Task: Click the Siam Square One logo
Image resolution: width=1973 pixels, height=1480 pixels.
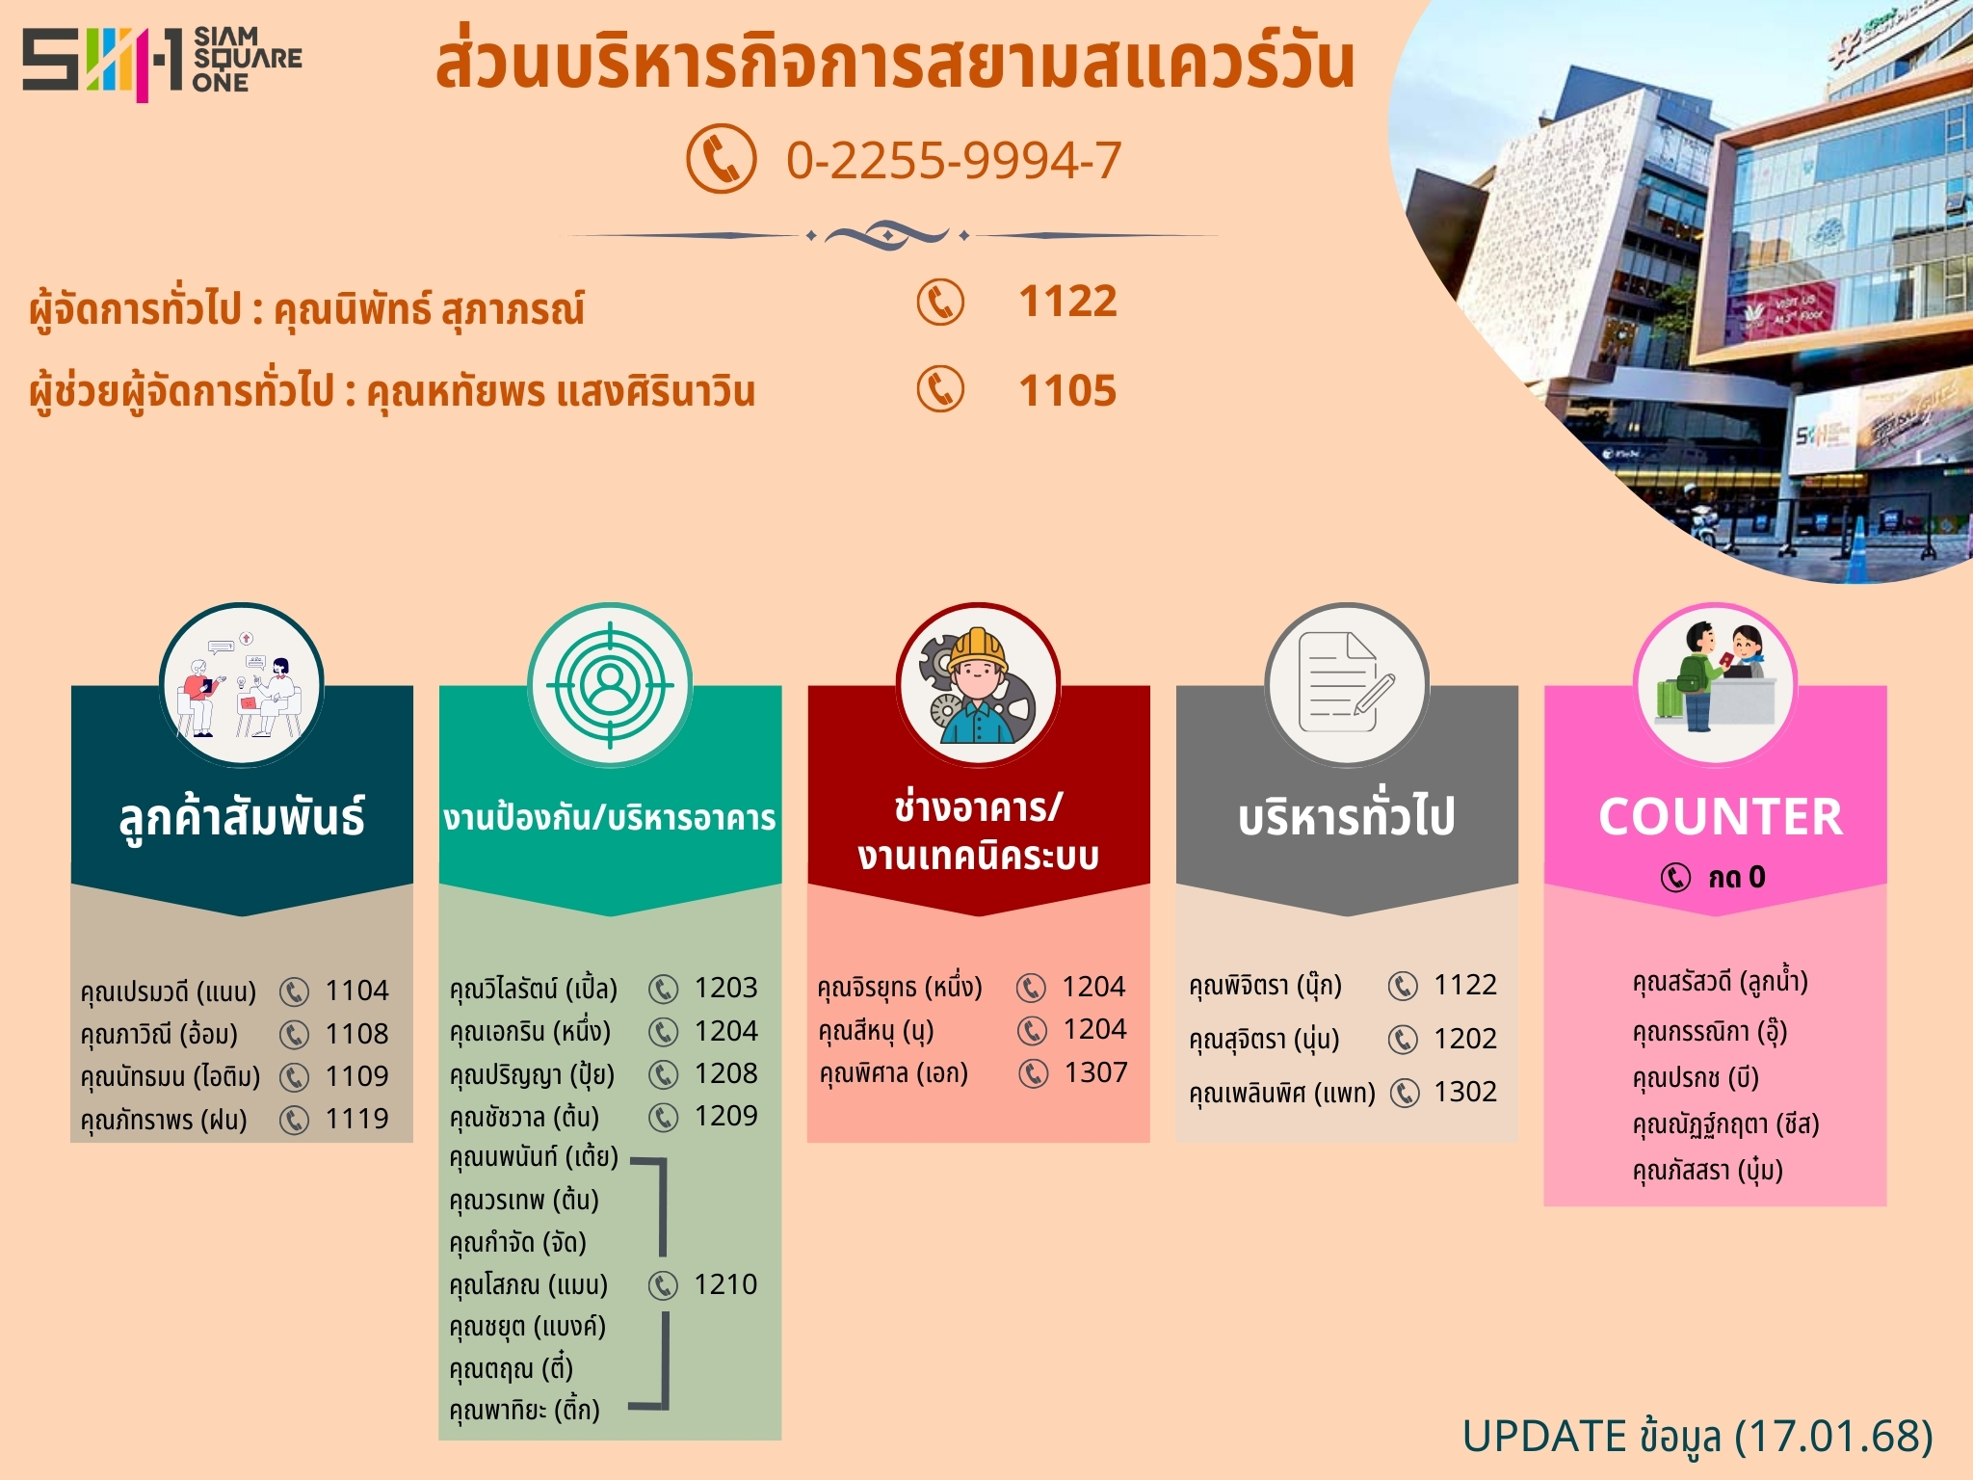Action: (x=162, y=63)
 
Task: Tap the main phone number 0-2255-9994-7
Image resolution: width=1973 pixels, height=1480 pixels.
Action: (x=954, y=160)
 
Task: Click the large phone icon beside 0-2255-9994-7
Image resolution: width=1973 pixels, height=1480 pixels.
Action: (x=721, y=159)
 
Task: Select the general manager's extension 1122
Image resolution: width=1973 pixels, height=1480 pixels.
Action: (x=1068, y=302)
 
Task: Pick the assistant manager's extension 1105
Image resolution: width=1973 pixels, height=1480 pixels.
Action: (x=1068, y=390)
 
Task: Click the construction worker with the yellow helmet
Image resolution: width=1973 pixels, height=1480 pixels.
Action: (x=977, y=685)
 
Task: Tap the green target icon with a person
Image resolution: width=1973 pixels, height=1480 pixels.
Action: (x=609, y=685)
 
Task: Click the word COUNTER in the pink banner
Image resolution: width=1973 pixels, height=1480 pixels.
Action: (x=1721, y=817)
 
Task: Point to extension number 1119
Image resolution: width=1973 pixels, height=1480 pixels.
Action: (x=356, y=1119)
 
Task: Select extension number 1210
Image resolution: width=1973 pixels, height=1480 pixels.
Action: (x=725, y=1284)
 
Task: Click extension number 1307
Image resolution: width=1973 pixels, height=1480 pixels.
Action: (x=1095, y=1072)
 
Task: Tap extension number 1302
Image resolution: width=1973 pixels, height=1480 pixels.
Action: (x=1465, y=1092)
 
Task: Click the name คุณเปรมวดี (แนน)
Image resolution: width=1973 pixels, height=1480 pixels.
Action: (x=169, y=991)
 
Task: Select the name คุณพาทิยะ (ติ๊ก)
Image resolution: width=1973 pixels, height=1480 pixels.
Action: (x=525, y=1410)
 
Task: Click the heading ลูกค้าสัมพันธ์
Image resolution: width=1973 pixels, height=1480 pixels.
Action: (x=242, y=817)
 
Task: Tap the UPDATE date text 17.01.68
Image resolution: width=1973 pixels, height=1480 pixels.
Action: (x=1834, y=1436)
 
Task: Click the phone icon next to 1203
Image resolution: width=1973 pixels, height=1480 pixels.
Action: (x=663, y=989)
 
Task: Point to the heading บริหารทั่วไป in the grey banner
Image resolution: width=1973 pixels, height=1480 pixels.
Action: (x=1347, y=817)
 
